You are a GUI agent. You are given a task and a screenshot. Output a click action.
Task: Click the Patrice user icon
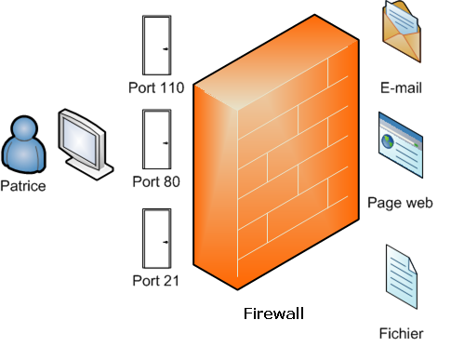pos(22,145)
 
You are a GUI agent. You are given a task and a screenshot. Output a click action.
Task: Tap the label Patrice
pos(23,185)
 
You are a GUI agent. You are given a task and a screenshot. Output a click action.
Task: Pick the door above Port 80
pos(155,141)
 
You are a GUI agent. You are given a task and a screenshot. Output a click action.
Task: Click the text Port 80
pos(155,181)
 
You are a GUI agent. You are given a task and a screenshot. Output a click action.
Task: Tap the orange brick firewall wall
pos(279,158)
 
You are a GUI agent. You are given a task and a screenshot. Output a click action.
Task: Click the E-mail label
pos(402,89)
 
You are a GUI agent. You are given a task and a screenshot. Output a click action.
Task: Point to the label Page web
pos(401,202)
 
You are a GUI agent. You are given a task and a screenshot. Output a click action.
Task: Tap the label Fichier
pos(401,333)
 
